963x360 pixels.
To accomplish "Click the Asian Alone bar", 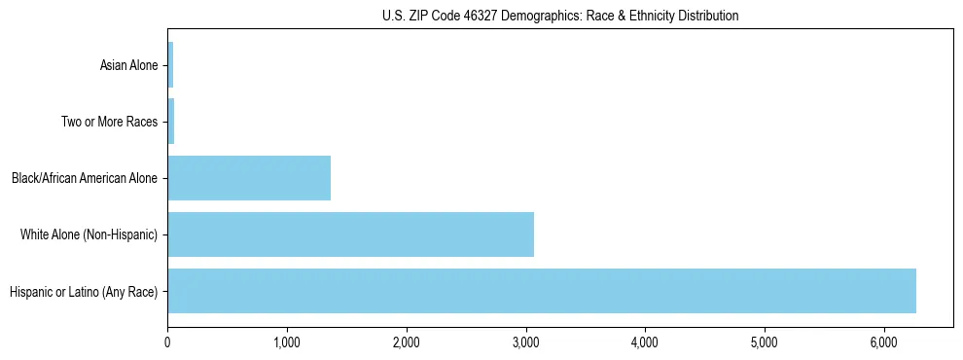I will point(170,65).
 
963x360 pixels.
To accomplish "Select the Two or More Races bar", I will point(171,122).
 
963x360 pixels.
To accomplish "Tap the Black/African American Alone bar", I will point(249,178).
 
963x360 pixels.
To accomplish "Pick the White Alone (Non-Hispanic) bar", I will point(350,234).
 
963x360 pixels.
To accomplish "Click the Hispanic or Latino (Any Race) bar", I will point(542,291).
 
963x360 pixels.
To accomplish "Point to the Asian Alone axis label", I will point(128,65).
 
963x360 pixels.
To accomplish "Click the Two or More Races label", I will point(109,122).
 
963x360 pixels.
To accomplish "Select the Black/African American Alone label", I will point(85,178).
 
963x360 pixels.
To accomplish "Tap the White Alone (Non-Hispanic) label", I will point(89,234).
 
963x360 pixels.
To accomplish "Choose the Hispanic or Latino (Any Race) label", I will point(84,291).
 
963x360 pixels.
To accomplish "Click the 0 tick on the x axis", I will point(167,342).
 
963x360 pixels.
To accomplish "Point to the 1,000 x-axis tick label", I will point(287,342).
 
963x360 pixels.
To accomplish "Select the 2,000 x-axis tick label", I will point(407,342).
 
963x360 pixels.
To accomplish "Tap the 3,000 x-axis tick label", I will point(526,342).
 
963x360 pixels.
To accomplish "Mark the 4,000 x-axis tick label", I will point(645,342).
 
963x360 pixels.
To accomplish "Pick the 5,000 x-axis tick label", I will point(765,342).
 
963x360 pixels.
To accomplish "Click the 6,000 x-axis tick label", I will point(884,342).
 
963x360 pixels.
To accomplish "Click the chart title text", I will point(559,16).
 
